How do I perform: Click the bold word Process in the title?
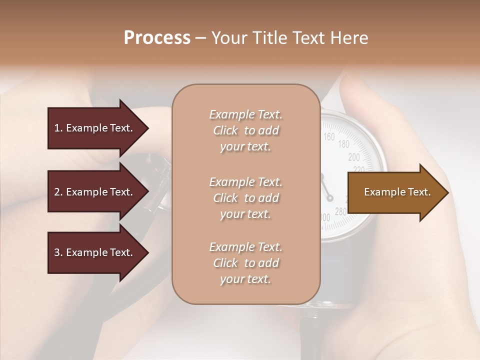pos(157,38)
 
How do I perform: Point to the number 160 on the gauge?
pos(329,136)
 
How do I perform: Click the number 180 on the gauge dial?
pos(343,144)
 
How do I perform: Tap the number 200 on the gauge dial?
pos(354,157)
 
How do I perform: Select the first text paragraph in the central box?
pos(245,130)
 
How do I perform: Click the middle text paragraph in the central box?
pos(245,198)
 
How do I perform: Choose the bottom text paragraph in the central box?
pos(245,263)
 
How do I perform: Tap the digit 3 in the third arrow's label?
pos(56,252)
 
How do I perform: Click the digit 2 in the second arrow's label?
pos(56,192)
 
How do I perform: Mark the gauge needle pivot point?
pos(330,198)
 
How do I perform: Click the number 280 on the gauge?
pos(340,212)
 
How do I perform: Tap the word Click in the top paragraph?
pos(225,130)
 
